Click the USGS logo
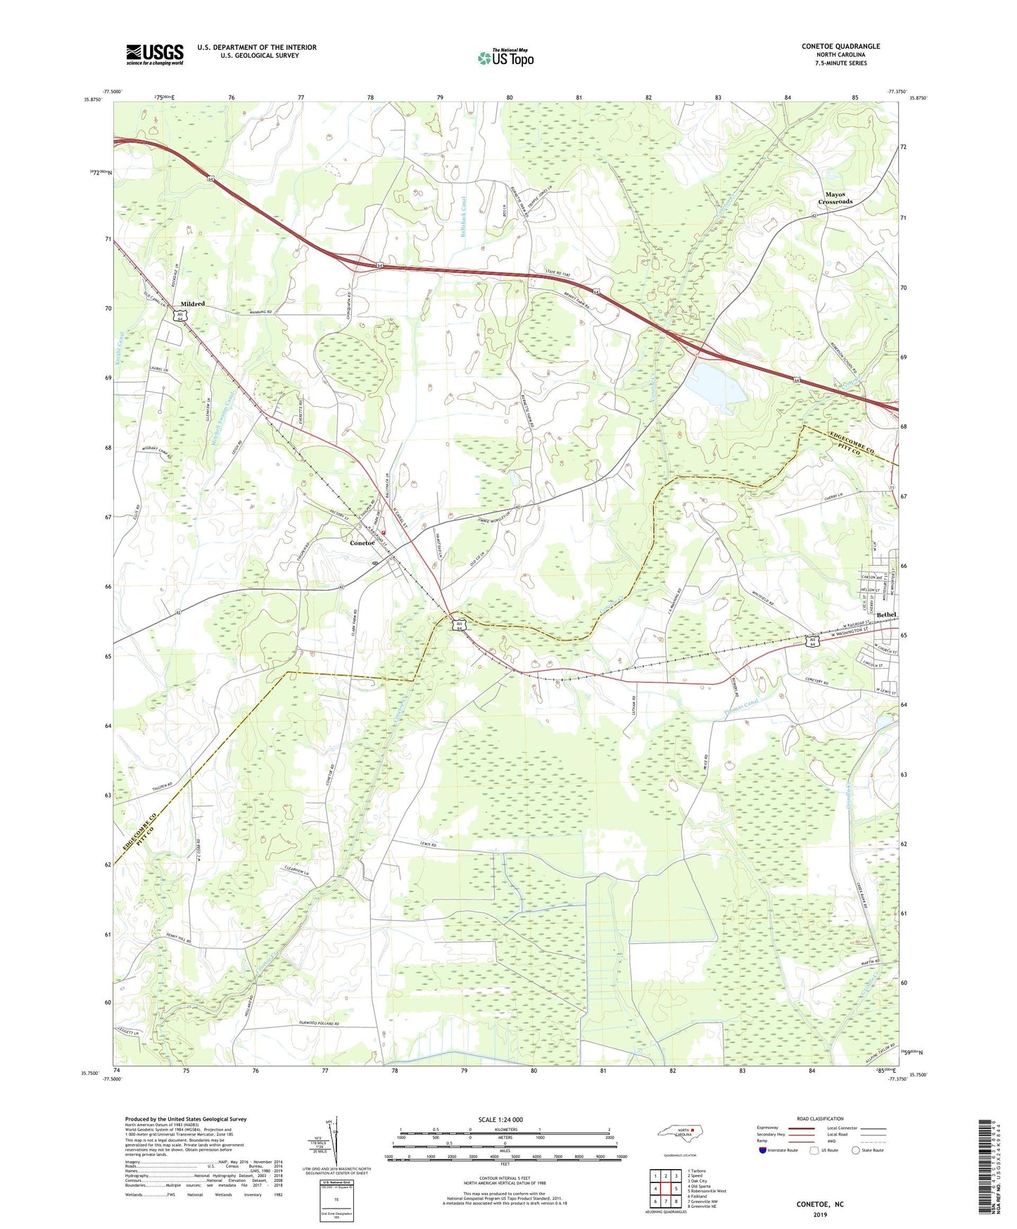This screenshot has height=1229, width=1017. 154,54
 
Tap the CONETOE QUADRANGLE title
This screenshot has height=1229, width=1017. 840,46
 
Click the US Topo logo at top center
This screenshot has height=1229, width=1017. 504,58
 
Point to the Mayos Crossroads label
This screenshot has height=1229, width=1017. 835,198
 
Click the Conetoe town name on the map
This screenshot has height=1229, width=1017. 362,543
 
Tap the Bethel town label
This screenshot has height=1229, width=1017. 886,614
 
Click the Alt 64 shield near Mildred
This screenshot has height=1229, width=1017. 180,317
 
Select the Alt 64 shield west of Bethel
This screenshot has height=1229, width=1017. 813,641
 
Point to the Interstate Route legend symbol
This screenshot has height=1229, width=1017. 764,1150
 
